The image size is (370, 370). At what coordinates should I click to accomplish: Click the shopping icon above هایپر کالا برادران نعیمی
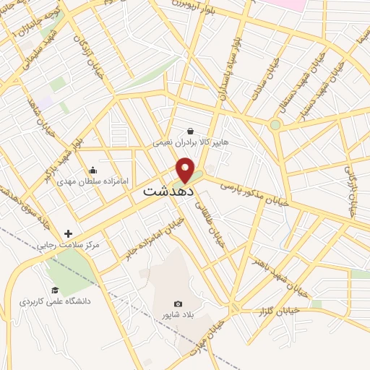[190, 131]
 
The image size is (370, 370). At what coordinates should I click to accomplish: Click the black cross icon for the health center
[68, 233]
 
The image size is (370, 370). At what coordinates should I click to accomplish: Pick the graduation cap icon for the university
[54, 291]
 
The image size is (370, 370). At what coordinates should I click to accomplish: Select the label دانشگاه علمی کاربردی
[55, 300]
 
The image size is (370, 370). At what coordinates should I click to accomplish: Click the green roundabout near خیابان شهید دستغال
[275, 125]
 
